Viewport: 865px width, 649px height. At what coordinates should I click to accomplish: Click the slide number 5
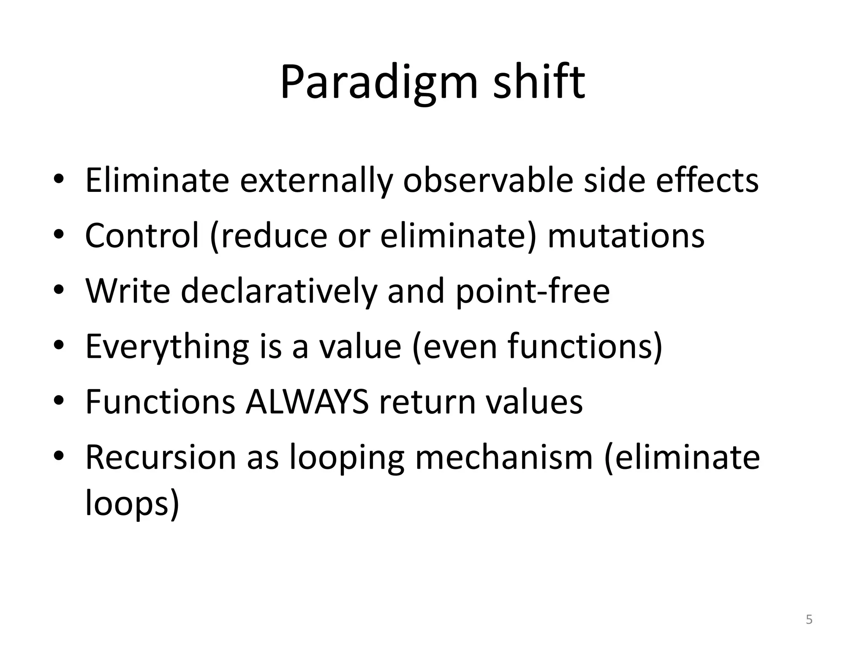809,619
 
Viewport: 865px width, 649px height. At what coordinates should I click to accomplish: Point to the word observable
488,181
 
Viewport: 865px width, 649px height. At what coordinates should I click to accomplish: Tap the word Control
142,236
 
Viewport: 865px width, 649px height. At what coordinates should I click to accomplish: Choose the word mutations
626,236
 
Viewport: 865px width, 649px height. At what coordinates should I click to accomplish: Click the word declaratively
278,291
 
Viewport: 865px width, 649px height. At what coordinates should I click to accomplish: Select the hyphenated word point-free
533,291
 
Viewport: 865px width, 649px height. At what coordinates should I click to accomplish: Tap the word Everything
167,346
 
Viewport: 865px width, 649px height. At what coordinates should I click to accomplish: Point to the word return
427,402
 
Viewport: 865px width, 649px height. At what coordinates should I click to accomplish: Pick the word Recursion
160,457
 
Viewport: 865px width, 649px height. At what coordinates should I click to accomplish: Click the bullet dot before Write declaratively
59,290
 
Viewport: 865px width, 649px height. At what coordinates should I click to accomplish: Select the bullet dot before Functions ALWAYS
59,401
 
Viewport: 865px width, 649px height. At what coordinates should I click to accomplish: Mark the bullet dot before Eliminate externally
59,179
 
